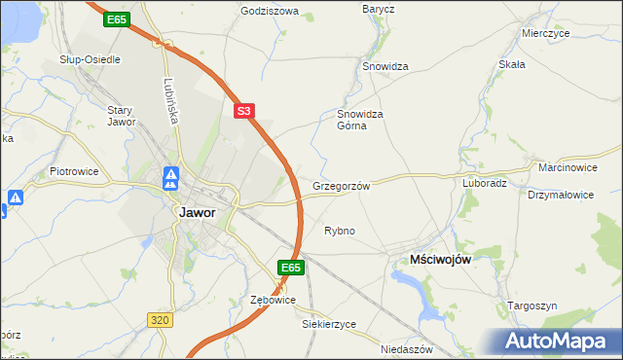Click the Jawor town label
197,211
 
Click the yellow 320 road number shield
161,318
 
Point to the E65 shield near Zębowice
291,267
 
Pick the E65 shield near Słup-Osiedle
118,18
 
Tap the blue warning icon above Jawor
170,178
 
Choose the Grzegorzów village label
342,185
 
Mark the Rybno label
339,231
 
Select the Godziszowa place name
270,13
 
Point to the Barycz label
378,9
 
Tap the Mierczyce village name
545,32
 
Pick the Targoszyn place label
532,306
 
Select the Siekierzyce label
329,323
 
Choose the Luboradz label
484,182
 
